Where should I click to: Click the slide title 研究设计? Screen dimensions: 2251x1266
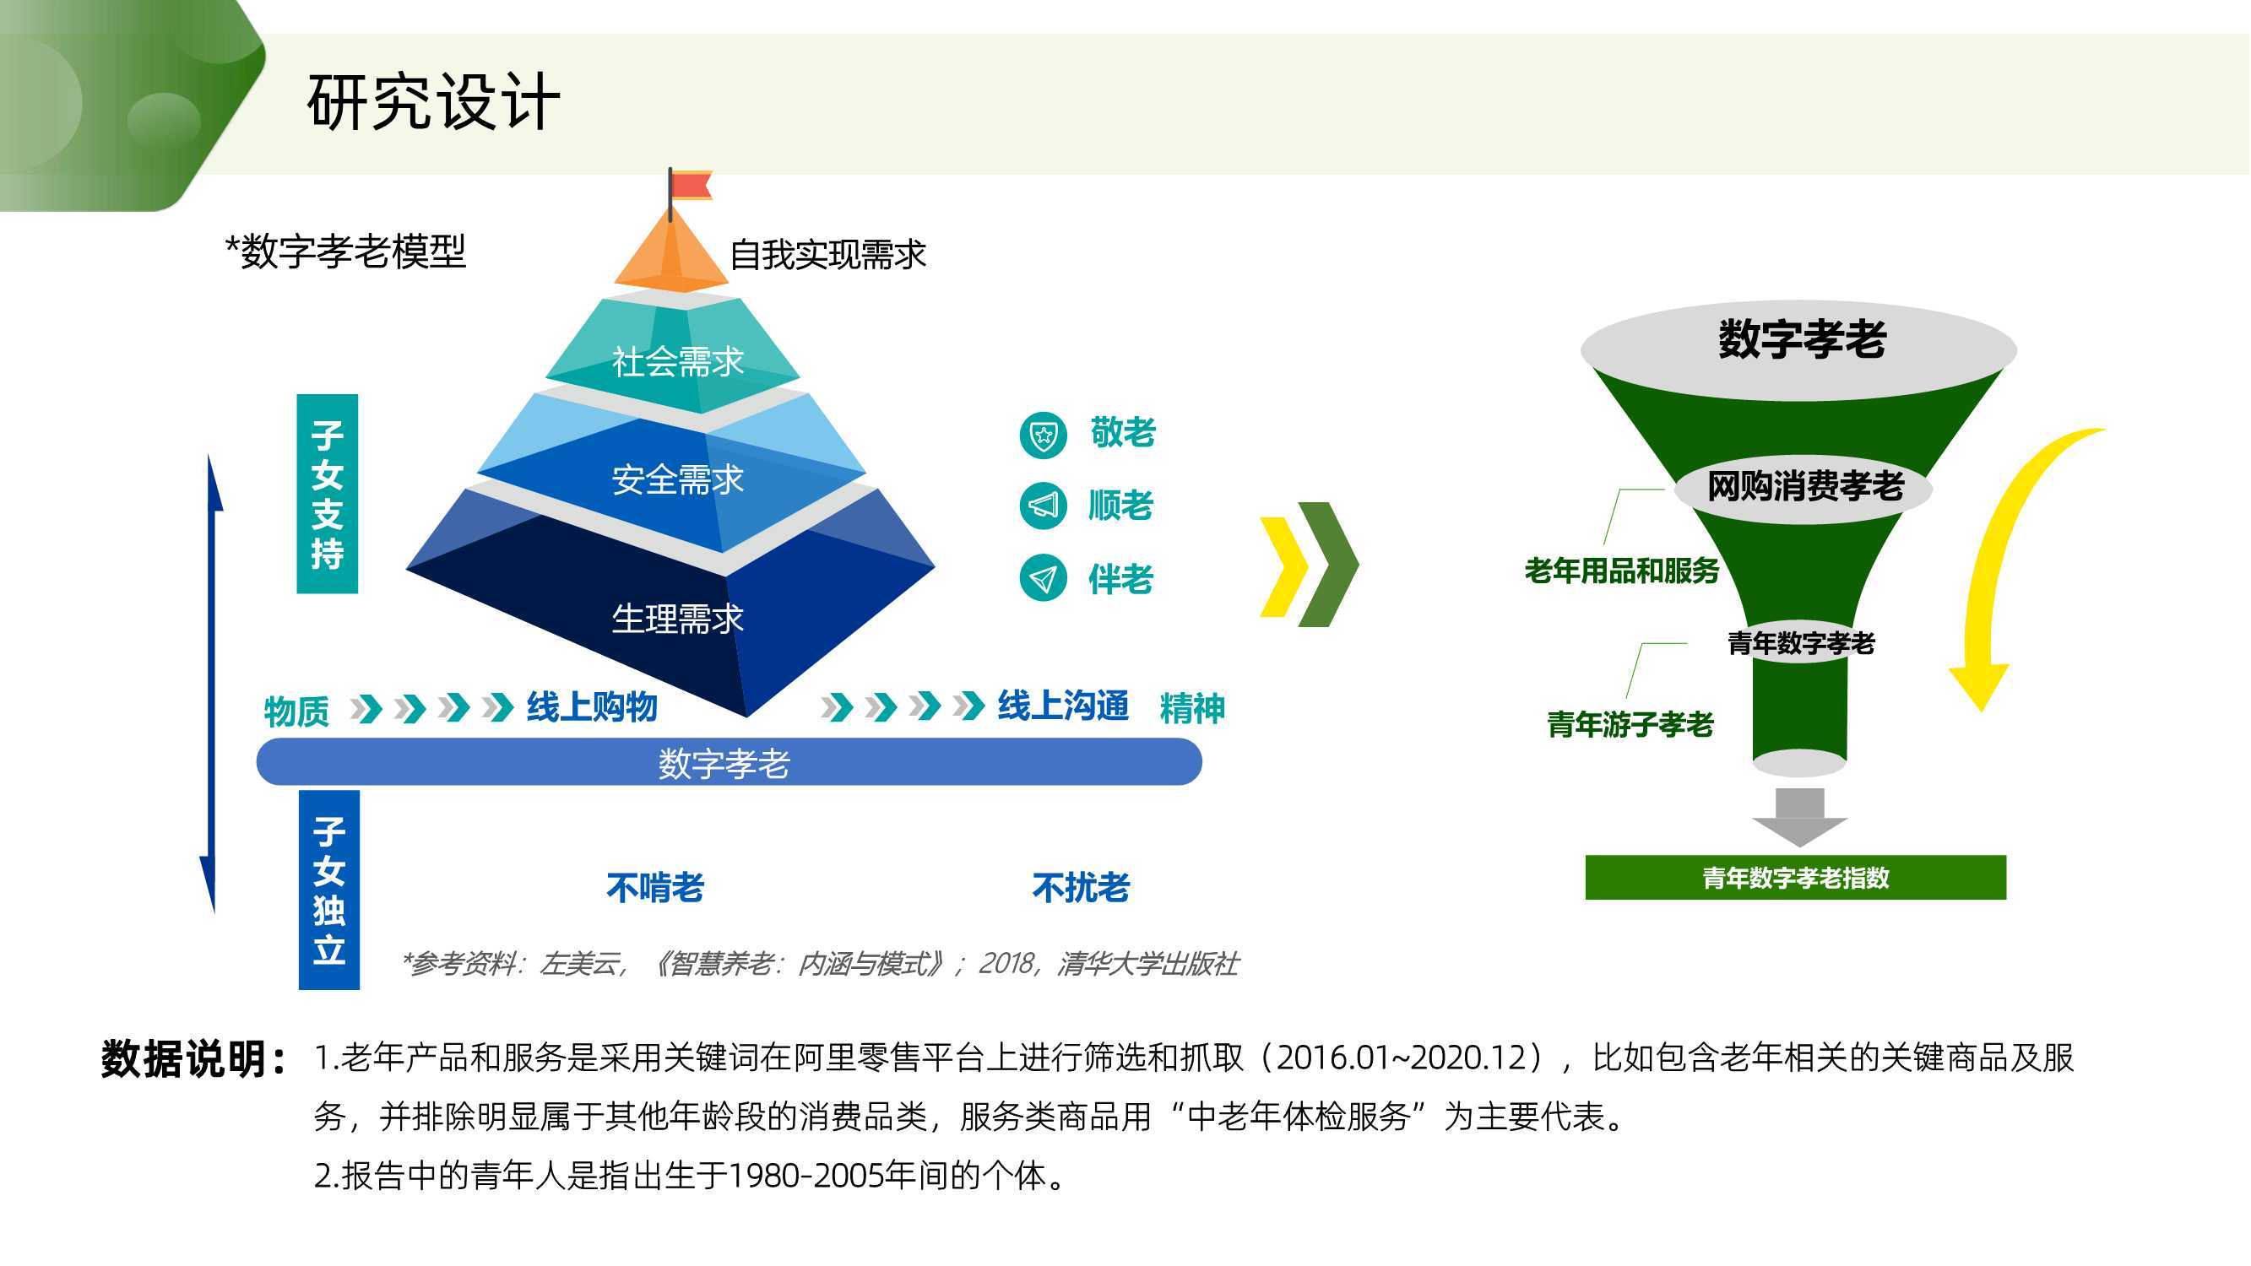pyautogui.click(x=433, y=102)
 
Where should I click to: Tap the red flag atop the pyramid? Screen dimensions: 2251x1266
pyautogui.click(x=692, y=185)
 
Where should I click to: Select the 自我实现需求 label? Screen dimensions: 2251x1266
pyautogui.click(x=827, y=254)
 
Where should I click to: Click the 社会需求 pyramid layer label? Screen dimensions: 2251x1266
pyautogui.click(x=677, y=361)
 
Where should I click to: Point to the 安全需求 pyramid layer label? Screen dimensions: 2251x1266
pyautogui.click(x=677, y=479)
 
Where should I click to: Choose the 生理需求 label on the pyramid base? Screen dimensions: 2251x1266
pyautogui.click(x=677, y=619)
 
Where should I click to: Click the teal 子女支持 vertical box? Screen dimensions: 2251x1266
pyautogui.click(x=328, y=494)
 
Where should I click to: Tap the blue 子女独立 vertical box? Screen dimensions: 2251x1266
pyautogui.click(x=329, y=890)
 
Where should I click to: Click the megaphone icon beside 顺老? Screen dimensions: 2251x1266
pyautogui.click(x=1044, y=505)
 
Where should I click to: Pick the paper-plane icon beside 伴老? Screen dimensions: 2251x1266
pyautogui.click(x=1044, y=577)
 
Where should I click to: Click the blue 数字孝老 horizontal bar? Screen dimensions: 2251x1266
pyautogui.click(x=729, y=762)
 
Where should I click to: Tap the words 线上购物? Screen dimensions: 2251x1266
pyautogui.click(x=592, y=706)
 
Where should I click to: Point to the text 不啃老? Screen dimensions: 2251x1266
pyautogui.click(x=655, y=888)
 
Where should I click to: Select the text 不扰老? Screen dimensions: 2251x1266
pyautogui.click(x=1081, y=888)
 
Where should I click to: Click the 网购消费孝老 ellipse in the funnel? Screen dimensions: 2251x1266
pyautogui.click(x=1804, y=487)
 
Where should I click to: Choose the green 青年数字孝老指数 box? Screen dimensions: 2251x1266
pyautogui.click(x=1796, y=877)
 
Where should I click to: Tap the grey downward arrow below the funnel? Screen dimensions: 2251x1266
pyautogui.click(x=1799, y=817)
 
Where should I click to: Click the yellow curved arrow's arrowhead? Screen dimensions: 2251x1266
pyautogui.click(x=1979, y=686)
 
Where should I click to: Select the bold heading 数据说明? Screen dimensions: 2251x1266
pyautogui.click(x=193, y=1059)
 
